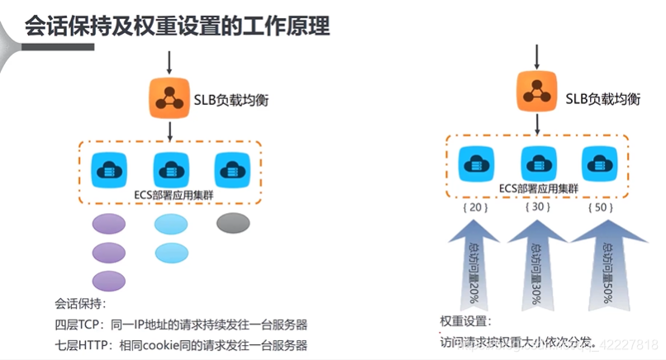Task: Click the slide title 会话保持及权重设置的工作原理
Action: (178, 26)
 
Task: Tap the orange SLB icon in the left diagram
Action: (169, 98)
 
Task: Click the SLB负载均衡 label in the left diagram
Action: (231, 100)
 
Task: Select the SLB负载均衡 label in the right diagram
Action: (603, 98)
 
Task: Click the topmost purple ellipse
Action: (109, 224)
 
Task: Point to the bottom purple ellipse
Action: (109, 281)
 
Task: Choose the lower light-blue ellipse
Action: (172, 252)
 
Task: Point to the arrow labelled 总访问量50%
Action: (605, 264)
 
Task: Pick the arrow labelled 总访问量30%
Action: (537, 264)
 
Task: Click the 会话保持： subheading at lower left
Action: (80, 303)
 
